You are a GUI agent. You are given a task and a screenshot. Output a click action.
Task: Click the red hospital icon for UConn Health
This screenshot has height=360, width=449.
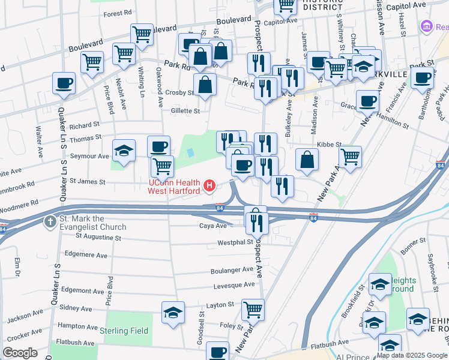[209, 186]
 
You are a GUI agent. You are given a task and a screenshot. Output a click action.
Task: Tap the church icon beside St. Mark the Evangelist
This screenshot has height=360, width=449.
[49, 222]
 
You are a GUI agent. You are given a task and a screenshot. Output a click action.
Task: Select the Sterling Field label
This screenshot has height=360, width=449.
[124, 331]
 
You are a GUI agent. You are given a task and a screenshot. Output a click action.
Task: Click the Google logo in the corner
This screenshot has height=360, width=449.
[20, 353]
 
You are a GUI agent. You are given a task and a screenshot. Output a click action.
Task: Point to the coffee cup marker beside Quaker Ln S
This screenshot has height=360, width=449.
[64, 83]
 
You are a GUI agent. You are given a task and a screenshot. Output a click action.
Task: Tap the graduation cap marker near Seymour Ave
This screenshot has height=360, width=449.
[124, 151]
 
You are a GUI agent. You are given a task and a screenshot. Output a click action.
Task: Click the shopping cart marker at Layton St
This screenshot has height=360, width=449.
[253, 310]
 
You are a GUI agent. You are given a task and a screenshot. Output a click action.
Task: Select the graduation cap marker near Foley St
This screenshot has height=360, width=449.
[173, 313]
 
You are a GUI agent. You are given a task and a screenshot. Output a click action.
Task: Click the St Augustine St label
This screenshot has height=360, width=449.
[98, 238]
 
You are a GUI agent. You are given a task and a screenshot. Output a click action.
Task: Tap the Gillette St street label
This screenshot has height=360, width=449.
[184, 111]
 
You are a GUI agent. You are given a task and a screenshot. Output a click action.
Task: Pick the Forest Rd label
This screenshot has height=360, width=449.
[118, 13]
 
